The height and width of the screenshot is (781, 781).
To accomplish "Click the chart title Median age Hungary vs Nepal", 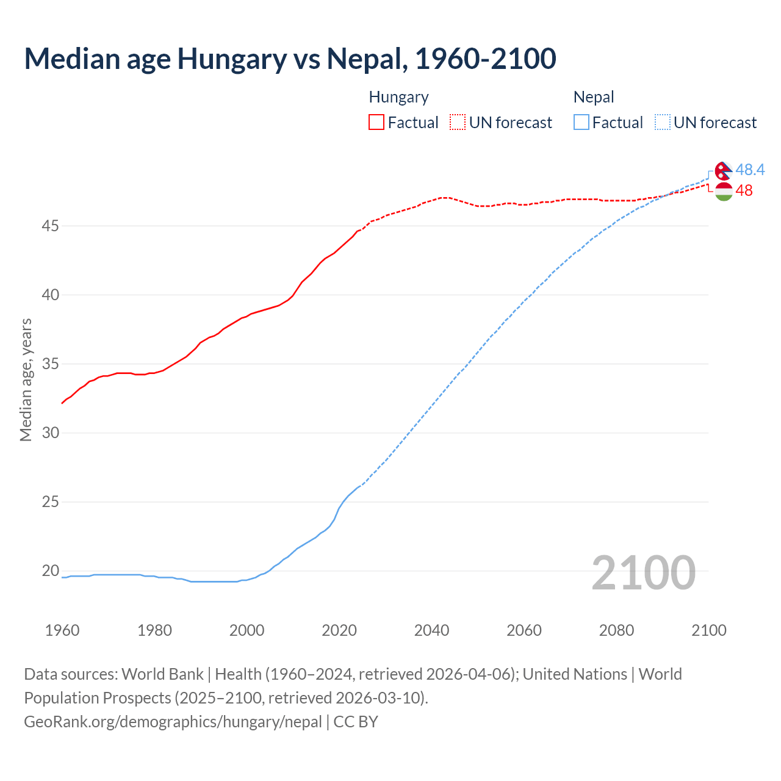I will [290, 59].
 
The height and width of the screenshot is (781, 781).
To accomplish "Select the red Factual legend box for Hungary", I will [376, 123].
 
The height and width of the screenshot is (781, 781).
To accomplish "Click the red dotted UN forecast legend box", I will [458, 123].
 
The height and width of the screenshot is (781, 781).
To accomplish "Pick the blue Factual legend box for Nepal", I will [581, 123].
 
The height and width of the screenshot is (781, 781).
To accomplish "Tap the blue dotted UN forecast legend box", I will [663, 123].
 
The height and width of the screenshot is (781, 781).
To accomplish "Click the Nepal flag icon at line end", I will [724, 171].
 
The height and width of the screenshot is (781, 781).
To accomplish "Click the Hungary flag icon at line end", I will [724, 192].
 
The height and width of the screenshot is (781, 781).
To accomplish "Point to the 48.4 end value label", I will [750, 170].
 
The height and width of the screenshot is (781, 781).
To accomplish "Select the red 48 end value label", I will [744, 191].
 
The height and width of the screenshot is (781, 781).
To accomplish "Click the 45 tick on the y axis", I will [50, 226].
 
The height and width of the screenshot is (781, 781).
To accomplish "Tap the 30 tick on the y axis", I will [50, 433].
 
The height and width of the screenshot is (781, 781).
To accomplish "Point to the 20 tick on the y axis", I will [50, 571].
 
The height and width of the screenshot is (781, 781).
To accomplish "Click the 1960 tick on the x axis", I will [62, 630].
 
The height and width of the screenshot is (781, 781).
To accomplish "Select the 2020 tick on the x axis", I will [339, 630].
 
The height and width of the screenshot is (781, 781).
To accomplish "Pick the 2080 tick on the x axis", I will [616, 630].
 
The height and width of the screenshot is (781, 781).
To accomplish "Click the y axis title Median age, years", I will [26, 380].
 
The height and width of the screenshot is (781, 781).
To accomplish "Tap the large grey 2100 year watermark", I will [643, 573].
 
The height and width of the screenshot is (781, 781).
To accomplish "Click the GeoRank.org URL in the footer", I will [173, 722].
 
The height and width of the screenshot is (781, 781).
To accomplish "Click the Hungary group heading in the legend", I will [399, 97].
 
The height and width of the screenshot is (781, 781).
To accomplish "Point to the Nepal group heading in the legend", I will [594, 97].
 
